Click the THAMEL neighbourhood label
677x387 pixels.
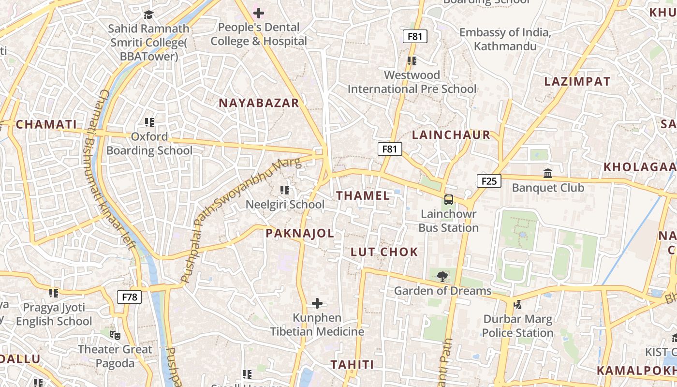363,196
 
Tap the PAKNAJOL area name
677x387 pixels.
300,234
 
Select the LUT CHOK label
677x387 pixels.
384,252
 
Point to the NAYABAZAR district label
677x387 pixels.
259,103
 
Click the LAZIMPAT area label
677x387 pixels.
577,81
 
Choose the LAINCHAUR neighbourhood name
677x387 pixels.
451,135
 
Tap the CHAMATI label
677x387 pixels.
46,124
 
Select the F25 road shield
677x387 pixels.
489,181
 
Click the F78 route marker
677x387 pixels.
130,297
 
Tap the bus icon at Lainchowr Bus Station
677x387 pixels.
449,200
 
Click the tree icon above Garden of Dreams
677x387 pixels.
442,277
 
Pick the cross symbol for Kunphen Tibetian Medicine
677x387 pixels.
317,303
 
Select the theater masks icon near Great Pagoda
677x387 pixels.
115,335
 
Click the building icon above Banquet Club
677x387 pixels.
548,173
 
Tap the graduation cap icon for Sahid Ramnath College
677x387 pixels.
148,15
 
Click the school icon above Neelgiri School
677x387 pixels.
285,190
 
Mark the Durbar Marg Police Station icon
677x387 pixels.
517,304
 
